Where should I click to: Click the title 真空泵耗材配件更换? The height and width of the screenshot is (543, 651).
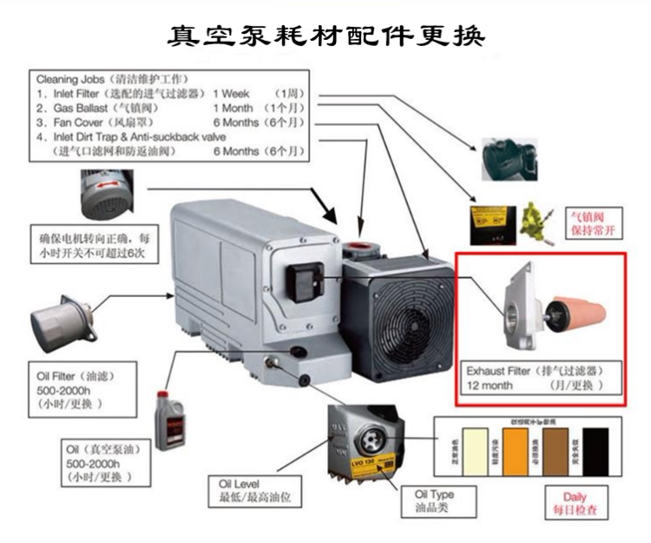(325, 36)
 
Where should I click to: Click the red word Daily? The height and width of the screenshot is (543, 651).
(575, 498)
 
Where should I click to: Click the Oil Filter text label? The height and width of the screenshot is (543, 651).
(53, 376)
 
